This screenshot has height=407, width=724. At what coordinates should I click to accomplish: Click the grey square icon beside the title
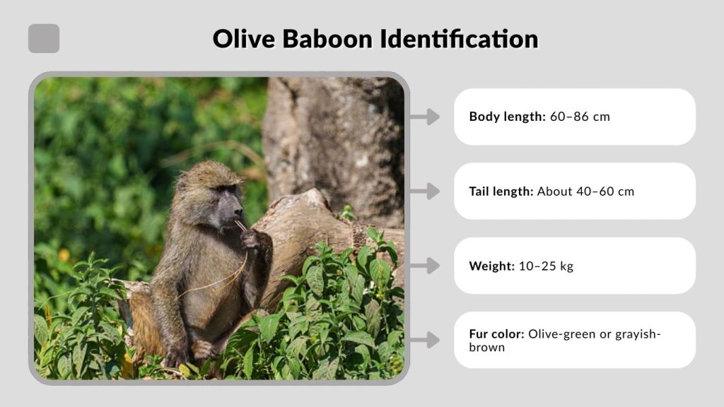tap(44, 38)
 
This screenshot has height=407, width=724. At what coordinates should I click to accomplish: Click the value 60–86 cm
tap(580, 117)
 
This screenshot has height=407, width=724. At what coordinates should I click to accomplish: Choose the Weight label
tap(491, 266)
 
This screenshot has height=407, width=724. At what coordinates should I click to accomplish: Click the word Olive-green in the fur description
tap(561, 334)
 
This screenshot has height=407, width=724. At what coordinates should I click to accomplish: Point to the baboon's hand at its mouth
tap(249, 238)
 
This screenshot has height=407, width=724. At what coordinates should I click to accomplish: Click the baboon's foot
tap(204, 349)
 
